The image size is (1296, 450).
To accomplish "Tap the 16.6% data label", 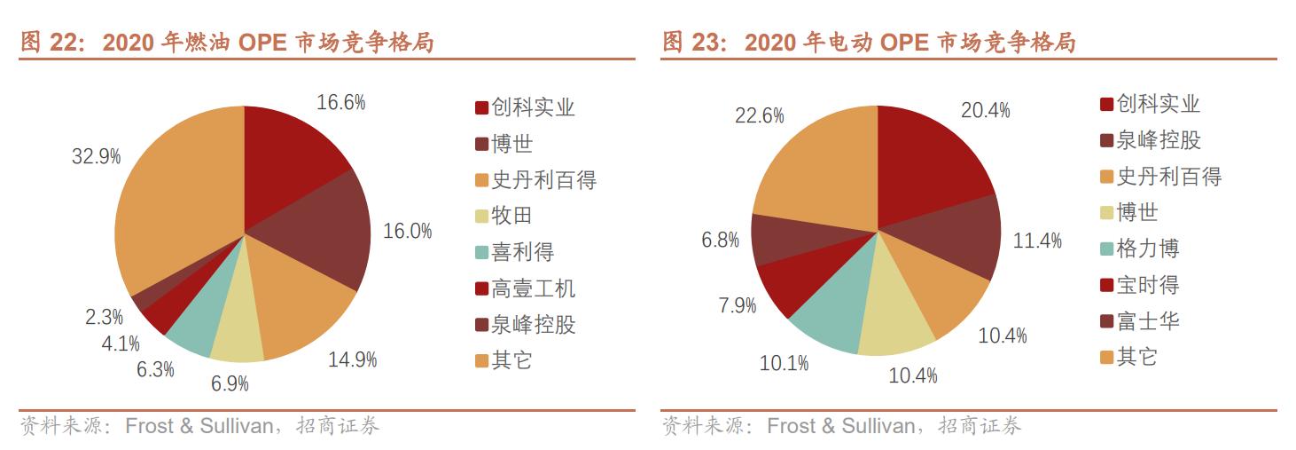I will pyautogui.click(x=341, y=102).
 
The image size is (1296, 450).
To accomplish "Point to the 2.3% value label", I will pyautogui.click(x=105, y=317).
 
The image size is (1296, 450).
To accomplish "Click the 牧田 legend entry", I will pyautogui.click(x=511, y=216).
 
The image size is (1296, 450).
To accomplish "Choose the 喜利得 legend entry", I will pyautogui.click(x=522, y=252).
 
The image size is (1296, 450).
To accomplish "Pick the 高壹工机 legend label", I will pyautogui.click(x=533, y=288).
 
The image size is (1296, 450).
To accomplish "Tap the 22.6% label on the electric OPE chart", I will pyautogui.click(x=760, y=115).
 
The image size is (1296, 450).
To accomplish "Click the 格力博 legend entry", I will pyautogui.click(x=1148, y=249).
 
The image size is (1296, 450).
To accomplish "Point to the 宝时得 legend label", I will pyautogui.click(x=1148, y=285).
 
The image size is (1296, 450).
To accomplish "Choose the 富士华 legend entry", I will pyautogui.click(x=1148, y=320).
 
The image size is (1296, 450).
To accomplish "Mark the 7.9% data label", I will pyautogui.click(x=738, y=305).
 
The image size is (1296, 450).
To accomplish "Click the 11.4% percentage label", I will pyautogui.click(x=1037, y=241).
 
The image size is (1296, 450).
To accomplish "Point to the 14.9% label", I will pyautogui.click(x=353, y=359).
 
